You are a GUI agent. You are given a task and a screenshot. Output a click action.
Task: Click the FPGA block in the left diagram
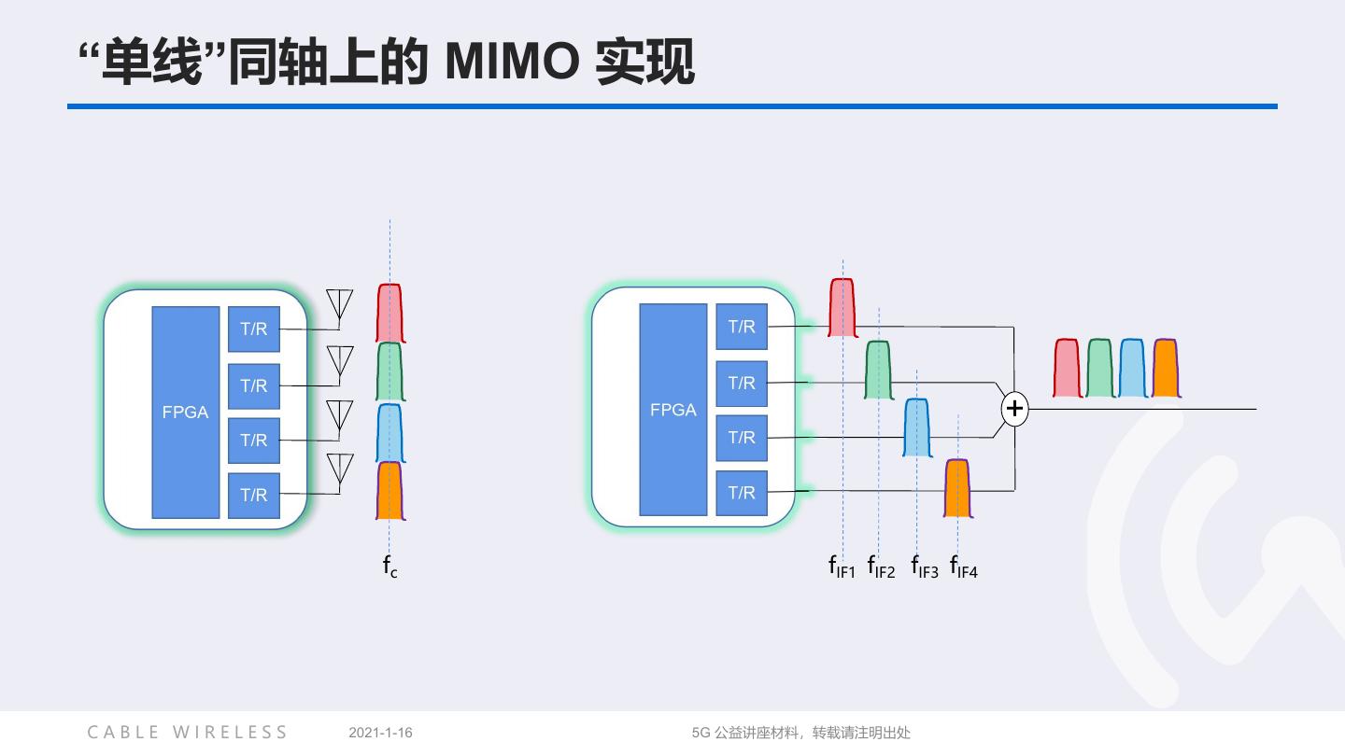click(x=185, y=412)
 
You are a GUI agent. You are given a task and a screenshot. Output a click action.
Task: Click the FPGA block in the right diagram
click(x=672, y=409)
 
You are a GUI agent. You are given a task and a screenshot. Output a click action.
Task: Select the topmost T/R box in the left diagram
click(x=253, y=329)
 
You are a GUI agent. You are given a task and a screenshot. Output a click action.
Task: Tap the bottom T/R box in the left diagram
click(x=253, y=495)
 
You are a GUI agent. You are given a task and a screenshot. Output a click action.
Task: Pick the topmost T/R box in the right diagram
click(x=742, y=327)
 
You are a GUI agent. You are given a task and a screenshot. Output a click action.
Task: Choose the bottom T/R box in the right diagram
click(x=742, y=493)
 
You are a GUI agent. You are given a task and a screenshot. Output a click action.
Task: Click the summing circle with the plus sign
click(x=1014, y=409)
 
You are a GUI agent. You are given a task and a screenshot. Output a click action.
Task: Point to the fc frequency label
click(x=389, y=566)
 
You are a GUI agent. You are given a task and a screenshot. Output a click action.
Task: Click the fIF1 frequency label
click(x=842, y=567)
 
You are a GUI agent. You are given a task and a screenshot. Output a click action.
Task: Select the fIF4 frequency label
click(x=963, y=567)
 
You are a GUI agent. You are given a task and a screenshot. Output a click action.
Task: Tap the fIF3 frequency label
click(x=924, y=567)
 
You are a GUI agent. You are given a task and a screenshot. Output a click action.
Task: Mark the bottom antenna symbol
click(x=339, y=469)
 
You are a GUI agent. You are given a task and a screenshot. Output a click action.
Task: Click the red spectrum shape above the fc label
click(x=390, y=313)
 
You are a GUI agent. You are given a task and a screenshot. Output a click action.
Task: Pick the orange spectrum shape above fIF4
click(x=957, y=487)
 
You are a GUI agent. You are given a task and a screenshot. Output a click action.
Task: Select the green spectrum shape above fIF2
click(x=878, y=370)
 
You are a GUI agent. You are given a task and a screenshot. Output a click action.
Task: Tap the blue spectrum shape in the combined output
click(x=1132, y=368)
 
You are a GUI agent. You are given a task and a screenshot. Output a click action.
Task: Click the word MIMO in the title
click(x=511, y=63)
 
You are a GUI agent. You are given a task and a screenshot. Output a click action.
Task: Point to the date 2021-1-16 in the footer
click(x=380, y=733)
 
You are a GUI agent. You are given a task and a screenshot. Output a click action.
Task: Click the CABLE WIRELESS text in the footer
click(x=188, y=733)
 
